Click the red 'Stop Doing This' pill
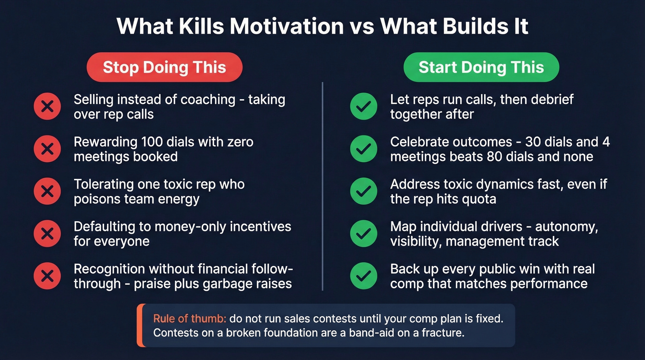point(164,67)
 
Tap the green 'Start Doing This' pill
point(481,67)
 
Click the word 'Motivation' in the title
point(287,26)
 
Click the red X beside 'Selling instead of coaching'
point(47,107)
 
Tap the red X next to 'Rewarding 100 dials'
point(47,149)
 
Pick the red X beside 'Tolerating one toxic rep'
point(47,191)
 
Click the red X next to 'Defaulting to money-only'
point(47,234)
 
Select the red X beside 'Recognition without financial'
point(47,276)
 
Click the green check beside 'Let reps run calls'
point(364,107)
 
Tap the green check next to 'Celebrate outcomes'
point(364,149)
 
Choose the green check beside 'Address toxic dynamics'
point(364,191)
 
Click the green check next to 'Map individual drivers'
point(364,234)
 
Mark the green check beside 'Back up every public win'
point(364,276)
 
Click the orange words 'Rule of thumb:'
point(189,319)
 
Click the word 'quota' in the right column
point(478,199)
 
